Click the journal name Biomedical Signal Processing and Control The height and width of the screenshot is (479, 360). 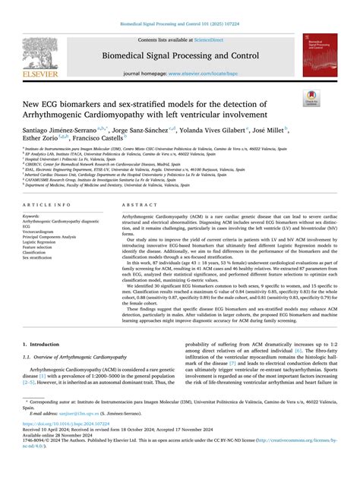point(179,54)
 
